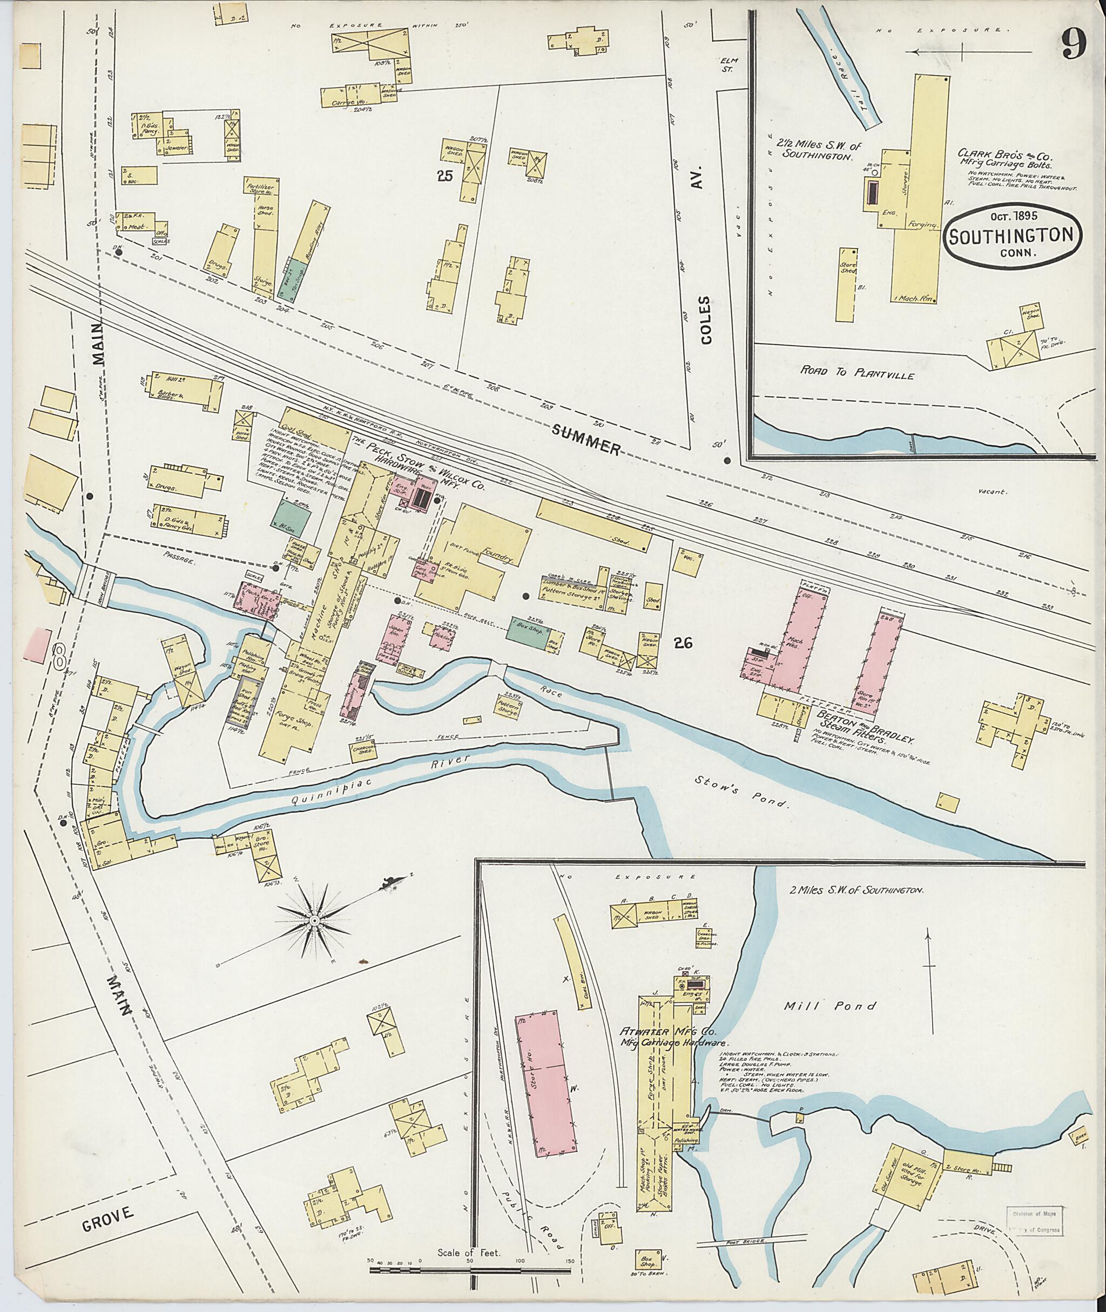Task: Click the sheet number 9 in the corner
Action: [1074, 46]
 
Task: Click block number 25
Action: [444, 176]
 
